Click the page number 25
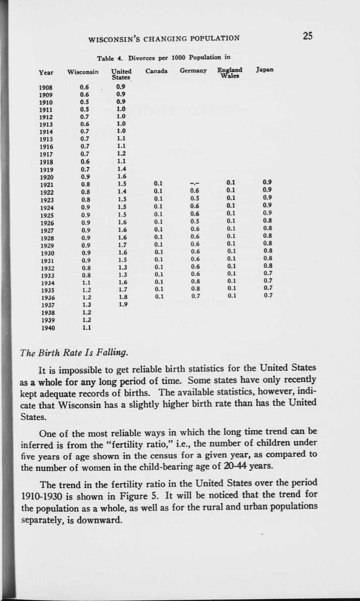coord(308,36)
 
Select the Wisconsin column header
coord(83,71)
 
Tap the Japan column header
coord(265,70)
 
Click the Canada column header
coord(156,71)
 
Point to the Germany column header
coord(193,71)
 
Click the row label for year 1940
coord(48,328)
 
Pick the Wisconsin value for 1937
coord(86,305)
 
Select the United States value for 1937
coord(122,305)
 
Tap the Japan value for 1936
coord(268,296)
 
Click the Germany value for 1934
coord(195,281)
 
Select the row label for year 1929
coord(47,246)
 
